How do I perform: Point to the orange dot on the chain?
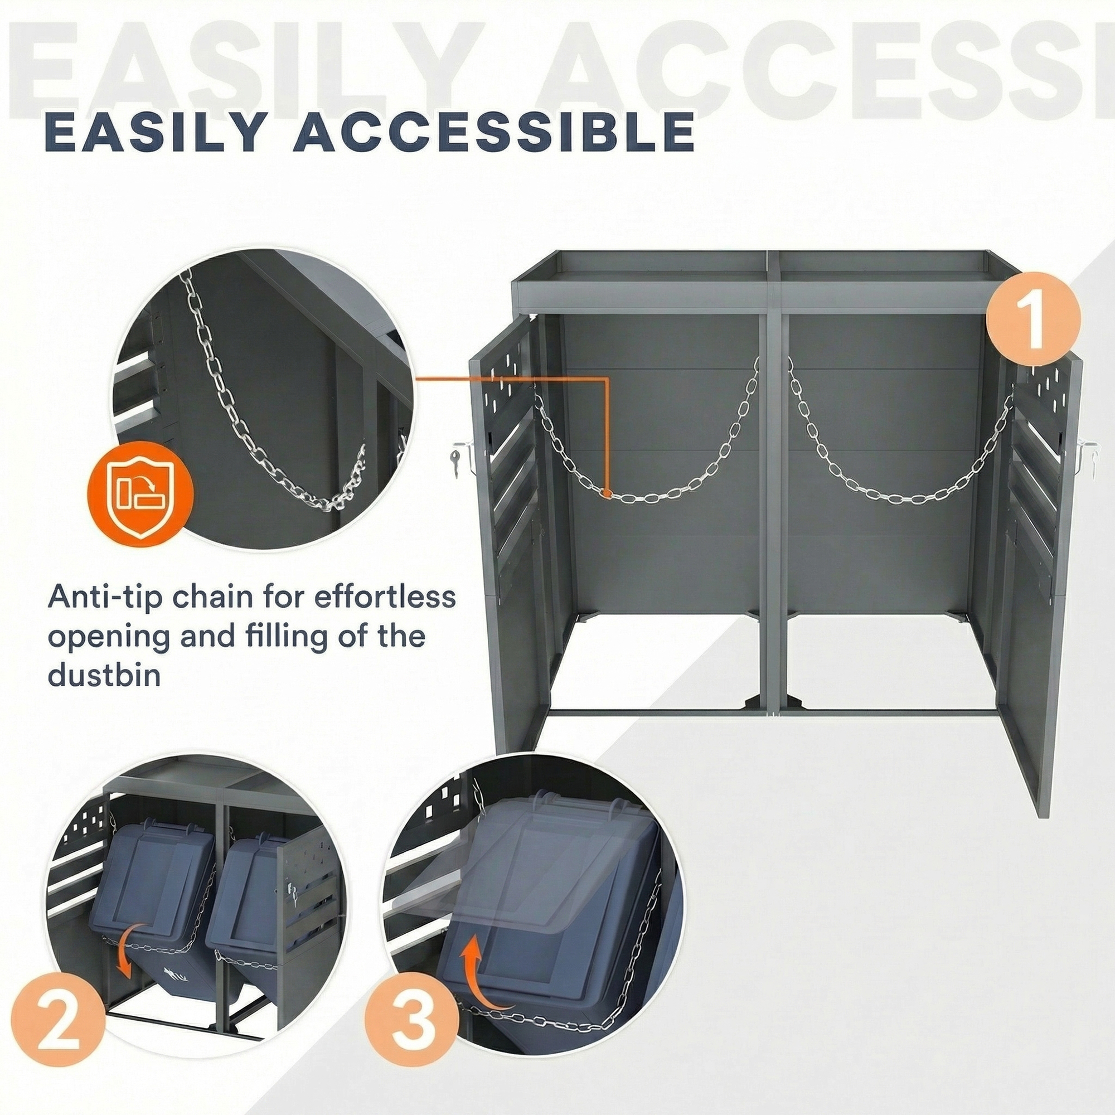click(x=606, y=493)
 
